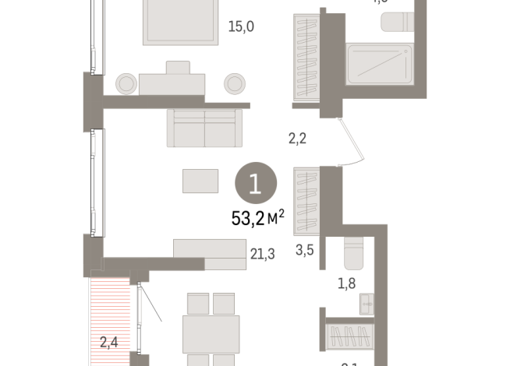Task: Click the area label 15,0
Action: (241, 26)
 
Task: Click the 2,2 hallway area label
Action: (297, 139)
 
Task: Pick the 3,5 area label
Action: (305, 252)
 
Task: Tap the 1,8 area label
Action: (348, 283)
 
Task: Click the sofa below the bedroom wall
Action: (204, 128)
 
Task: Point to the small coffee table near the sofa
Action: (200, 181)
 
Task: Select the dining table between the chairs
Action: (211, 333)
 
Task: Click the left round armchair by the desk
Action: (126, 82)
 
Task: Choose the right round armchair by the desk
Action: (235, 82)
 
